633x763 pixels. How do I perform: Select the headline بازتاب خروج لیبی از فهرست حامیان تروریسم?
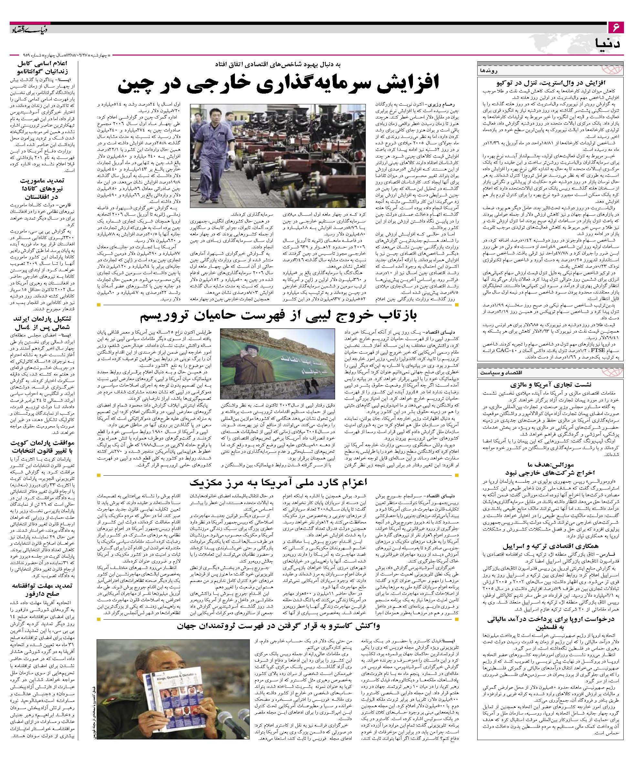click(x=278, y=317)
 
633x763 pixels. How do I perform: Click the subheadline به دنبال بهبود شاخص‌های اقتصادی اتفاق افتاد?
click(x=278, y=64)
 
